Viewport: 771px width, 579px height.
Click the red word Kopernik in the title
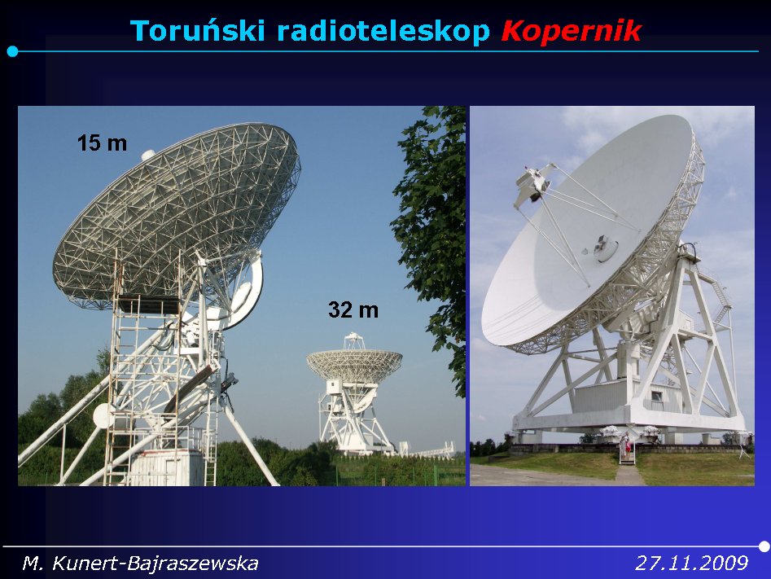click(x=572, y=31)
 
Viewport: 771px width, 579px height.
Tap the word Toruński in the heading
click(x=197, y=30)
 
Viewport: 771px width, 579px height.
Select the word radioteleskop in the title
click(x=383, y=31)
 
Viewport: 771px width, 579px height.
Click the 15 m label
click(x=102, y=143)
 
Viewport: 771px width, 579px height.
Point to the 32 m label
click(x=353, y=310)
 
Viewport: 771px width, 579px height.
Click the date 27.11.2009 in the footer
click(x=691, y=563)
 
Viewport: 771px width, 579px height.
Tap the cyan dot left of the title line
click(x=13, y=51)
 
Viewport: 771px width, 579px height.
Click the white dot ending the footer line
click(x=764, y=546)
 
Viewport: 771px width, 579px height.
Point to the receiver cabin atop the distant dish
click(x=353, y=340)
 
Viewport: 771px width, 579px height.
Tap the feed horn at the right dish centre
click(x=604, y=248)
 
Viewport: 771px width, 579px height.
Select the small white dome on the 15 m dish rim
click(x=148, y=155)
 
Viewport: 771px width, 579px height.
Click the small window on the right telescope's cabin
click(x=656, y=396)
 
